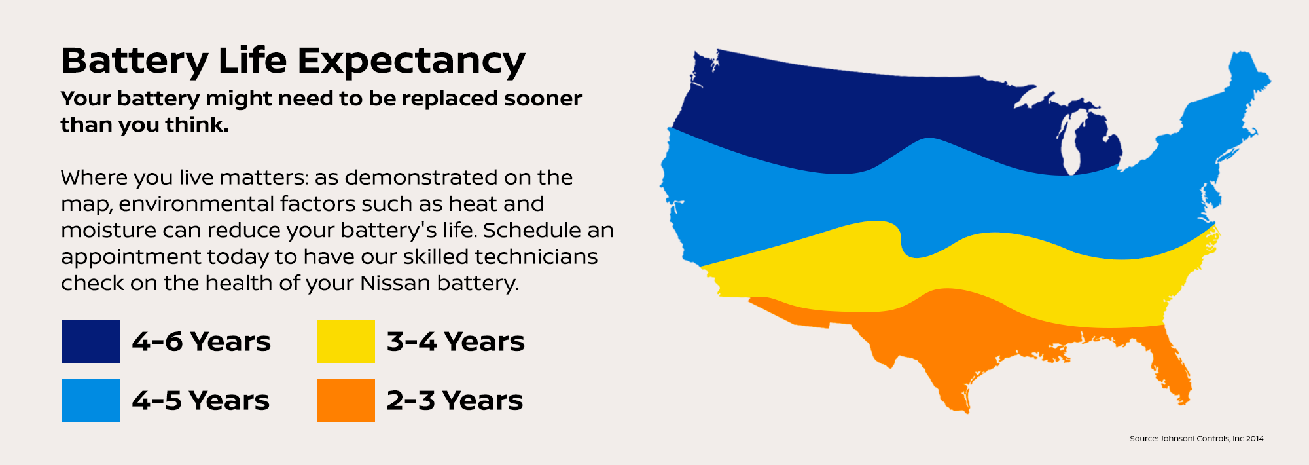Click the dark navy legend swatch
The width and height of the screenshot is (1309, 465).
click(91, 341)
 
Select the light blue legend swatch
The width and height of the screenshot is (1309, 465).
click(91, 400)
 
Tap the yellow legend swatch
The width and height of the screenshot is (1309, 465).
click(346, 341)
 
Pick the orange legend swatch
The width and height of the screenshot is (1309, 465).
click(346, 400)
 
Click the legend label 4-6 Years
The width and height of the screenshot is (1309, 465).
click(201, 342)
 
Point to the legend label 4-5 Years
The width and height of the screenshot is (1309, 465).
click(200, 401)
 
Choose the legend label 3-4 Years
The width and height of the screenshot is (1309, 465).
click(456, 342)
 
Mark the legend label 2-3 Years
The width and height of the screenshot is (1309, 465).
click(455, 401)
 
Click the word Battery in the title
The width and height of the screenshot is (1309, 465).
click(134, 62)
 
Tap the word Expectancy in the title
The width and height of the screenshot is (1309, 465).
click(411, 62)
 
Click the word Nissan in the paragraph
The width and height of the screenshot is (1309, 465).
click(395, 283)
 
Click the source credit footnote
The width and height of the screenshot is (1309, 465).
click(1196, 439)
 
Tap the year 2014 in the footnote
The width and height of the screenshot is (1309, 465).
click(1255, 439)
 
